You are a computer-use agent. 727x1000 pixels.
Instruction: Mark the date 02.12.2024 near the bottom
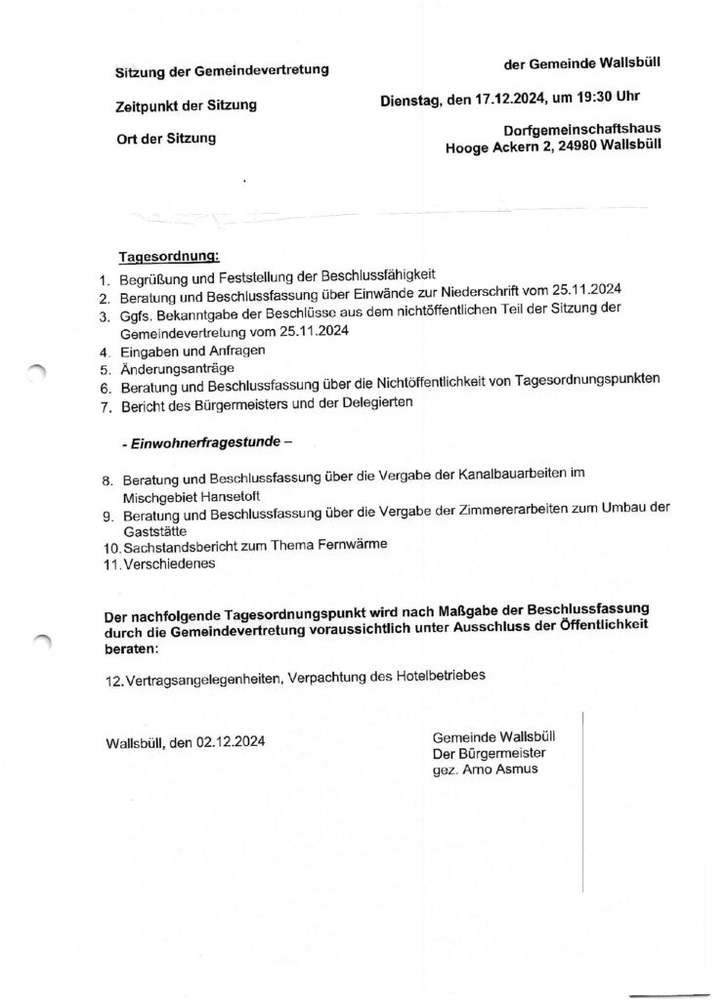click(230, 741)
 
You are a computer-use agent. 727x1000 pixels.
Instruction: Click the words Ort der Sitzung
click(165, 139)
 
